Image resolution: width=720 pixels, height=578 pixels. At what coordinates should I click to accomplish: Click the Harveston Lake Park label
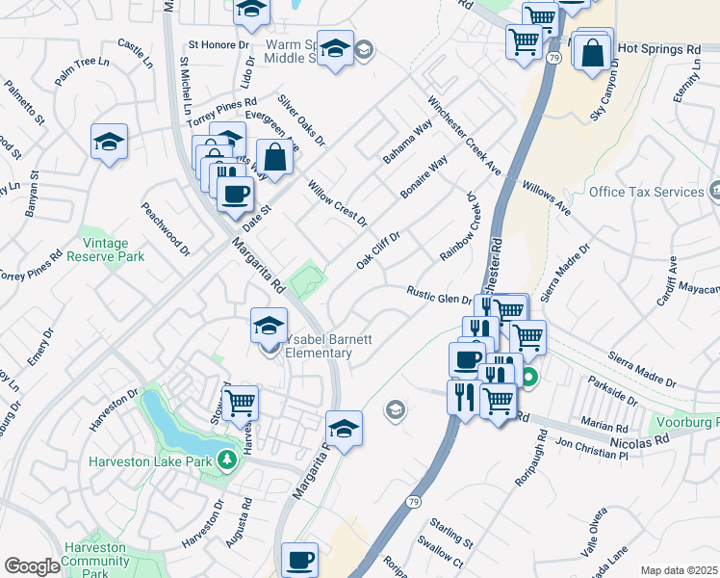(x=149, y=460)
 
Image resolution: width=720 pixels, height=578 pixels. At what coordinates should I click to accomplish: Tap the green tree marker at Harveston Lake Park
(x=227, y=460)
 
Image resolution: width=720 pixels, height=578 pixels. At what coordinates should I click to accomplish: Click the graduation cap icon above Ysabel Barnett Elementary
(x=269, y=325)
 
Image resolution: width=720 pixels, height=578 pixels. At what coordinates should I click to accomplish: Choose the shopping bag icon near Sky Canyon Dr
(x=593, y=52)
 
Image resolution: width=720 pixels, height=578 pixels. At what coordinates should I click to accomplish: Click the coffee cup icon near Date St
(x=234, y=194)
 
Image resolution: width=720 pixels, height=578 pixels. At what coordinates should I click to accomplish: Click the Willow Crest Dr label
(x=337, y=202)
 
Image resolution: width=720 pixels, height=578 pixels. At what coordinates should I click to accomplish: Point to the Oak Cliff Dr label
(x=377, y=250)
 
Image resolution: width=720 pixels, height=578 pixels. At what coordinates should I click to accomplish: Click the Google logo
(x=32, y=566)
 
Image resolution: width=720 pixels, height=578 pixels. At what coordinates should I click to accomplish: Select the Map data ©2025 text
(x=679, y=570)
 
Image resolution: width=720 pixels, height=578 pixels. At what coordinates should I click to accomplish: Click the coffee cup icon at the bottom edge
(x=299, y=560)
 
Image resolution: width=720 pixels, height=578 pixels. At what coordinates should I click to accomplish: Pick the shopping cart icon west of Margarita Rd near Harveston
(x=240, y=402)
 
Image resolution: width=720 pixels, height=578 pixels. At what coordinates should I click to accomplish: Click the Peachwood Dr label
(x=166, y=226)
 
